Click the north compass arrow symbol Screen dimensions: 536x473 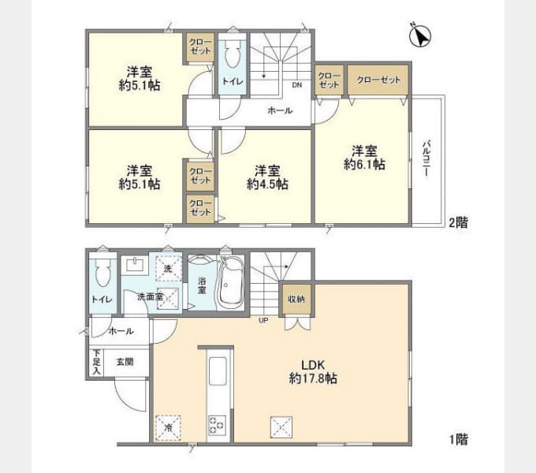click(420, 35)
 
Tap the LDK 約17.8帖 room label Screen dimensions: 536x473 click(313, 372)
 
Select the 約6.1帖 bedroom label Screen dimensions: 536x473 click(364, 158)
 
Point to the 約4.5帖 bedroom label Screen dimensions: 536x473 click(267, 177)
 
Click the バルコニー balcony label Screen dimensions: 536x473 click(426, 158)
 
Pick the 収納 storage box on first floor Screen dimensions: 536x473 click(296, 300)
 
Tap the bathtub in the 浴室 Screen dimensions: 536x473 click(231, 283)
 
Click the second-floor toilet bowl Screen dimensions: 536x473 click(233, 54)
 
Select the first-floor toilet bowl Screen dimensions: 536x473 click(103, 272)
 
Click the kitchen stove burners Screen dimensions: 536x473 click(217, 425)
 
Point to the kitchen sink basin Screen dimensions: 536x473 click(218, 371)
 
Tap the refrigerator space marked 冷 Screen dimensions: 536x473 click(168, 427)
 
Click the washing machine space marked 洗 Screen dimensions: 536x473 click(168, 269)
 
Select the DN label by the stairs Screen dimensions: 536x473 click(297, 85)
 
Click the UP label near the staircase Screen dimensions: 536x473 click(263, 320)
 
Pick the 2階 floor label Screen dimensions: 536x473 click(458, 223)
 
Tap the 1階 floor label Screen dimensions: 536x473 click(459, 439)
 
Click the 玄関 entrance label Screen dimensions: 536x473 click(125, 362)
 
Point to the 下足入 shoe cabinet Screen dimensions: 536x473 click(96, 363)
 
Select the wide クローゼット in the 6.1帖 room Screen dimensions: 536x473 click(378, 80)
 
